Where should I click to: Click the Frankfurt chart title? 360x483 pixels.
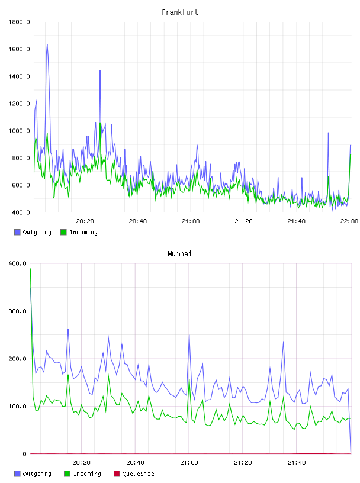click(180, 12)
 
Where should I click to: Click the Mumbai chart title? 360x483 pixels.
click(179, 254)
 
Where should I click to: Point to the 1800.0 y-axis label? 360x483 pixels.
click(19, 22)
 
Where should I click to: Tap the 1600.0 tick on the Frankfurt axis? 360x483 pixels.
click(19, 49)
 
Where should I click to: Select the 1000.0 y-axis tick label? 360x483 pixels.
click(19, 131)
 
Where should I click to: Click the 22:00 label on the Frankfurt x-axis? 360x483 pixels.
click(349, 221)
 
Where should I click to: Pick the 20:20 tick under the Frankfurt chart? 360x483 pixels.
click(85, 221)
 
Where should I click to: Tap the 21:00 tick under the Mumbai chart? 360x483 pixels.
click(189, 463)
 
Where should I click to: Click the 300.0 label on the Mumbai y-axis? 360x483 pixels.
click(18, 311)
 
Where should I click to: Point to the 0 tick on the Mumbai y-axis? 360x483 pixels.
click(24, 454)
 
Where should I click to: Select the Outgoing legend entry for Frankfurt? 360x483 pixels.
click(33, 232)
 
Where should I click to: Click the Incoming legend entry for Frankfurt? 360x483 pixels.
click(79, 232)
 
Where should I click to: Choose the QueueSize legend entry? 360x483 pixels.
click(134, 474)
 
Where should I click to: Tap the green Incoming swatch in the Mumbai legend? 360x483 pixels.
click(67, 474)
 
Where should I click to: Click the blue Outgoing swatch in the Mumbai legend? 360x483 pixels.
click(17, 474)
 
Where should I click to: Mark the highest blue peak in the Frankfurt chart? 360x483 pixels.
click(47, 44)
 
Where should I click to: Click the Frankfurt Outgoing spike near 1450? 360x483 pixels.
click(100, 71)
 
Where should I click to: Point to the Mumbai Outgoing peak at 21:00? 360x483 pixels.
click(189, 335)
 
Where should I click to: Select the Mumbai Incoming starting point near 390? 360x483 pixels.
click(30, 269)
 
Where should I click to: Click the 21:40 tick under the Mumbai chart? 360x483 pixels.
click(297, 463)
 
